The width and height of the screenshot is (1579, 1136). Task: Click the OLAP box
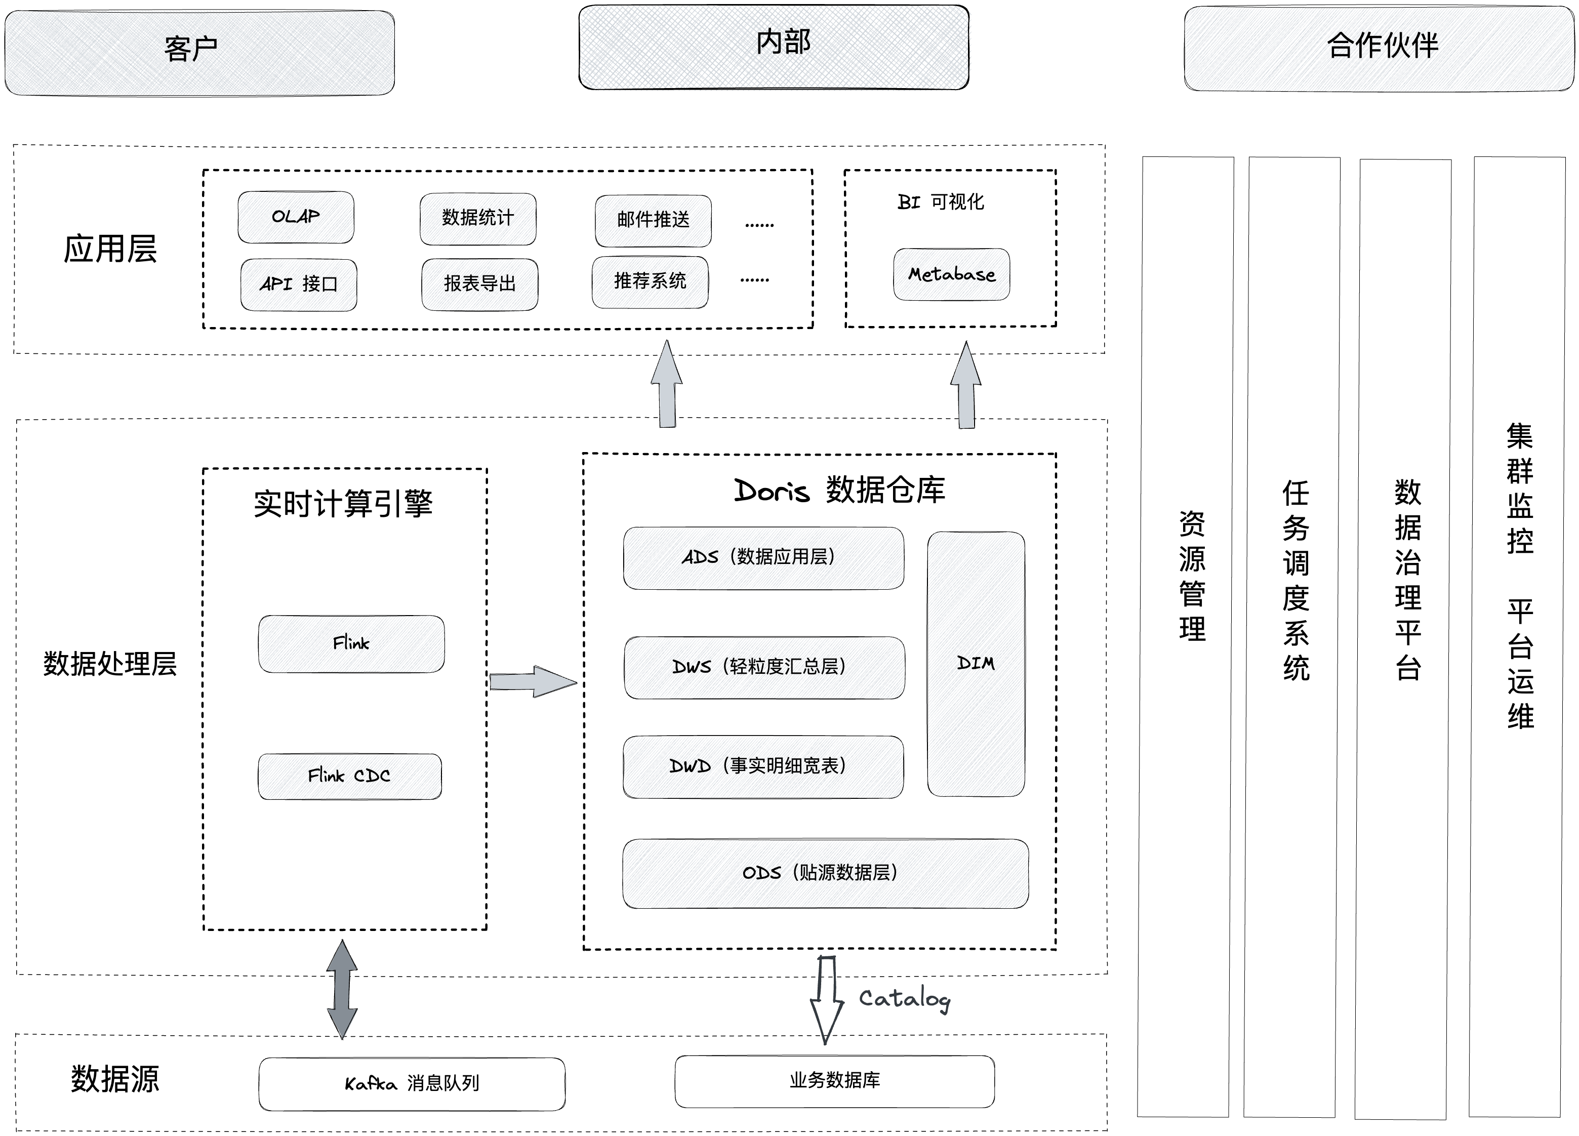[x=296, y=217]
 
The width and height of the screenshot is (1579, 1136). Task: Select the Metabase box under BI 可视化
[x=952, y=274]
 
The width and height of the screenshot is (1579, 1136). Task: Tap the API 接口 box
[x=299, y=285]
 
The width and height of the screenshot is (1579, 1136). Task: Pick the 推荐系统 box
[x=650, y=282]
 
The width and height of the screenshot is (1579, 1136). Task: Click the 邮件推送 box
[x=653, y=221]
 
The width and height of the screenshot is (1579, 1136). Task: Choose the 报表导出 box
[x=480, y=284]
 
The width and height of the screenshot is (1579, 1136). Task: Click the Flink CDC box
[x=349, y=776]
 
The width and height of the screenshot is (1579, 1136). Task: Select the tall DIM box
[x=976, y=664]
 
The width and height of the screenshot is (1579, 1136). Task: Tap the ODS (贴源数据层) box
[x=826, y=874]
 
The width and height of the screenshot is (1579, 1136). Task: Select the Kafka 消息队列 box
[x=412, y=1084]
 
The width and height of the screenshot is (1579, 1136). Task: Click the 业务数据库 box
[x=835, y=1081]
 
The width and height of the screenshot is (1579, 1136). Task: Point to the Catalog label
[x=904, y=999]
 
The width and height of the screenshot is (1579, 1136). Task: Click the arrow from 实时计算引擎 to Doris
[x=533, y=681]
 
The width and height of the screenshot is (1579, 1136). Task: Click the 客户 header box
[x=200, y=53]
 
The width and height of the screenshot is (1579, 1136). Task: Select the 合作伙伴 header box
[x=1379, y=48]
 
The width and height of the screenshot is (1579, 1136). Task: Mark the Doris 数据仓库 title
[x=840, y=491]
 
